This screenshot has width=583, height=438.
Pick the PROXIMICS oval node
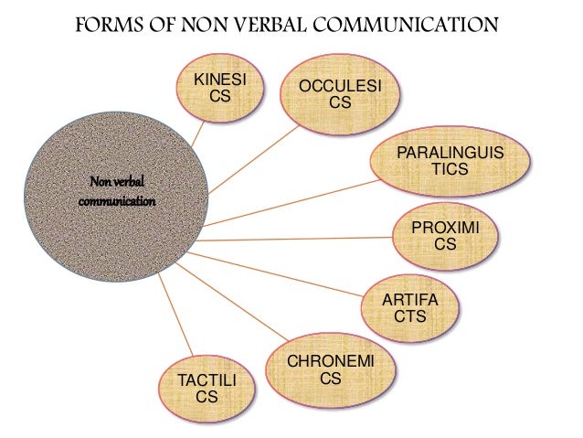447,236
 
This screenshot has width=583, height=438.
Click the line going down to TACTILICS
177,315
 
